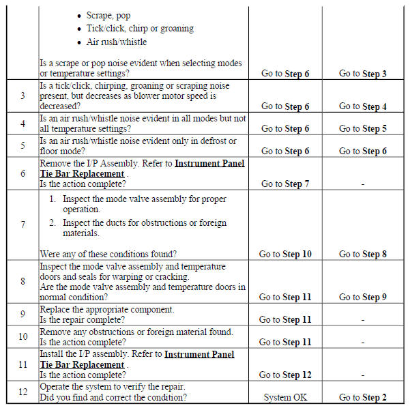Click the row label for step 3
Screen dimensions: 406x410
coord(23,96)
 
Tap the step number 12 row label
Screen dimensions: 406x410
coord(23,392)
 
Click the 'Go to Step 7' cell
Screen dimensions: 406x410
coord(285,184)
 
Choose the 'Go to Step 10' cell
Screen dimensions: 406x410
coord(285,254)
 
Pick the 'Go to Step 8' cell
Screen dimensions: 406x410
coord(363,254)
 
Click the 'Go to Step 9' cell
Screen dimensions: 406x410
coord(363,297)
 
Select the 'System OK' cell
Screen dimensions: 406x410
coord(285,397)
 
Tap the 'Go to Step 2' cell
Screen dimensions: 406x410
coord(363,397)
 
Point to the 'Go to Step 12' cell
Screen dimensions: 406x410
coord(285,375)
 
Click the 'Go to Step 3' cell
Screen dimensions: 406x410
coord(363,74)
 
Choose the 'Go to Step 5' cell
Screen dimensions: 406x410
coord(363,128)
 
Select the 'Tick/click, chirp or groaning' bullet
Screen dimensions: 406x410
coord(140,28)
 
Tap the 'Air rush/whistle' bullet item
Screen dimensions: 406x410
coord(117,42)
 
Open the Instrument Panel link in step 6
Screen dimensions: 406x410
coord(209,163)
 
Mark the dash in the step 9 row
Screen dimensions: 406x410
coord(363,319)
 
